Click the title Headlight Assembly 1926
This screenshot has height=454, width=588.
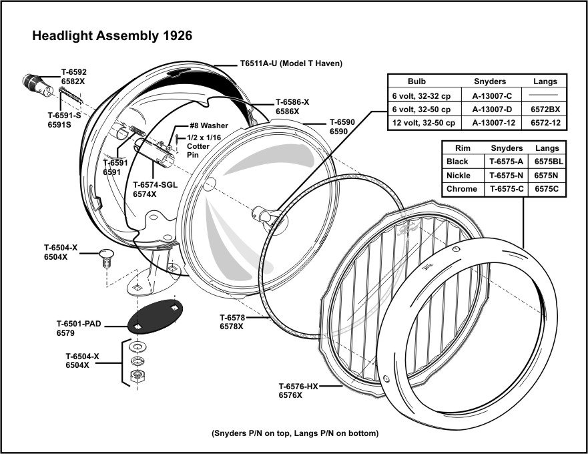[x=112, y=36]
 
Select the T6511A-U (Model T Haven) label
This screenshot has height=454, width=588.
[x=291, y=63]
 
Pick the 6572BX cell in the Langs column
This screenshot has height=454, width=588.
[x=545, y=109]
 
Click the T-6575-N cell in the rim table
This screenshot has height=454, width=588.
[x=507, y=176]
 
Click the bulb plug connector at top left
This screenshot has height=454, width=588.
[x=33, y=83]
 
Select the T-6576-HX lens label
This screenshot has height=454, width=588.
[x=298, y=386]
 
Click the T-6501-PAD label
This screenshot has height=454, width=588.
[x=79, y=324]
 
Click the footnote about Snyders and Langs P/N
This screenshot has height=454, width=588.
[x=294, y=432]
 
